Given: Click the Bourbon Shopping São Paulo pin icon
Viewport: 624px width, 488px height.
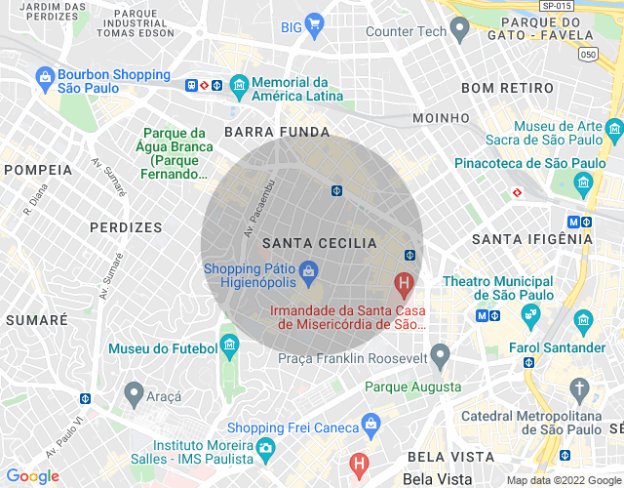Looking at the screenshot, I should (x=44, y=75).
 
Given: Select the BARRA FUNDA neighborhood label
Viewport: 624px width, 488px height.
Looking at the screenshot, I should (x=277, y=131).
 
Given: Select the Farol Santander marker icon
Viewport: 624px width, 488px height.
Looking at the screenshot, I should (x=583, y=320).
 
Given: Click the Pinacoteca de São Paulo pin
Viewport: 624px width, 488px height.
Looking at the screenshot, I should (x=583, y=182).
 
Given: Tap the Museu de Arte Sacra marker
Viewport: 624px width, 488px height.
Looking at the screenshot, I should (x=613, y=128).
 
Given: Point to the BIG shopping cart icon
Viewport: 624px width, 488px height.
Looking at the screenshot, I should (x=314, y=24).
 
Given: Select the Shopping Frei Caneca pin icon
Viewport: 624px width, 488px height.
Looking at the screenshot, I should (x=370, y=424).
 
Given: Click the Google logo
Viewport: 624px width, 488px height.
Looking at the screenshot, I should (x=32, y=476).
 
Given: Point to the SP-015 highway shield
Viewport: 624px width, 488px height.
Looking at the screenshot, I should (x=555, y=5).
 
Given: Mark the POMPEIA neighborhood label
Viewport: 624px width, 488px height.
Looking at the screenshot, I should (x=38, y=170).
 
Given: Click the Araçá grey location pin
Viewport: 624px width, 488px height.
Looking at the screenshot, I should (x=135, y=392).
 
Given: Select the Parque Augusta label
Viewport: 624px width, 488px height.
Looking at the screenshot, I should (x=412, y=387).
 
